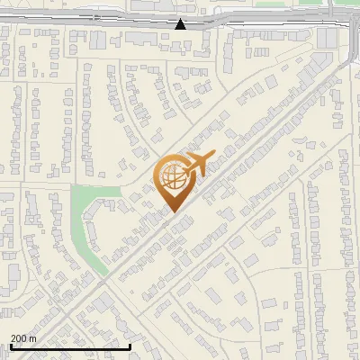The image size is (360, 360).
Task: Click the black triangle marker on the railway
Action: [181, 24]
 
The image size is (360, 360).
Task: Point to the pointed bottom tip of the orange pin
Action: [173, 212]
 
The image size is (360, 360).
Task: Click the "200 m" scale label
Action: [22, 337]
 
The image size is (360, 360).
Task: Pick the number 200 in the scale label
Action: [18, 337]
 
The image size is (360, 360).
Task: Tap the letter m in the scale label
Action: [32, 337]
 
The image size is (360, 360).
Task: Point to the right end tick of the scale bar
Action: [130, 346]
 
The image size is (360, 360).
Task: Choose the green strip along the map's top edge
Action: [270, 4]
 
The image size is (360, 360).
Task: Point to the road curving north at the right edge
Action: [348, 54]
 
